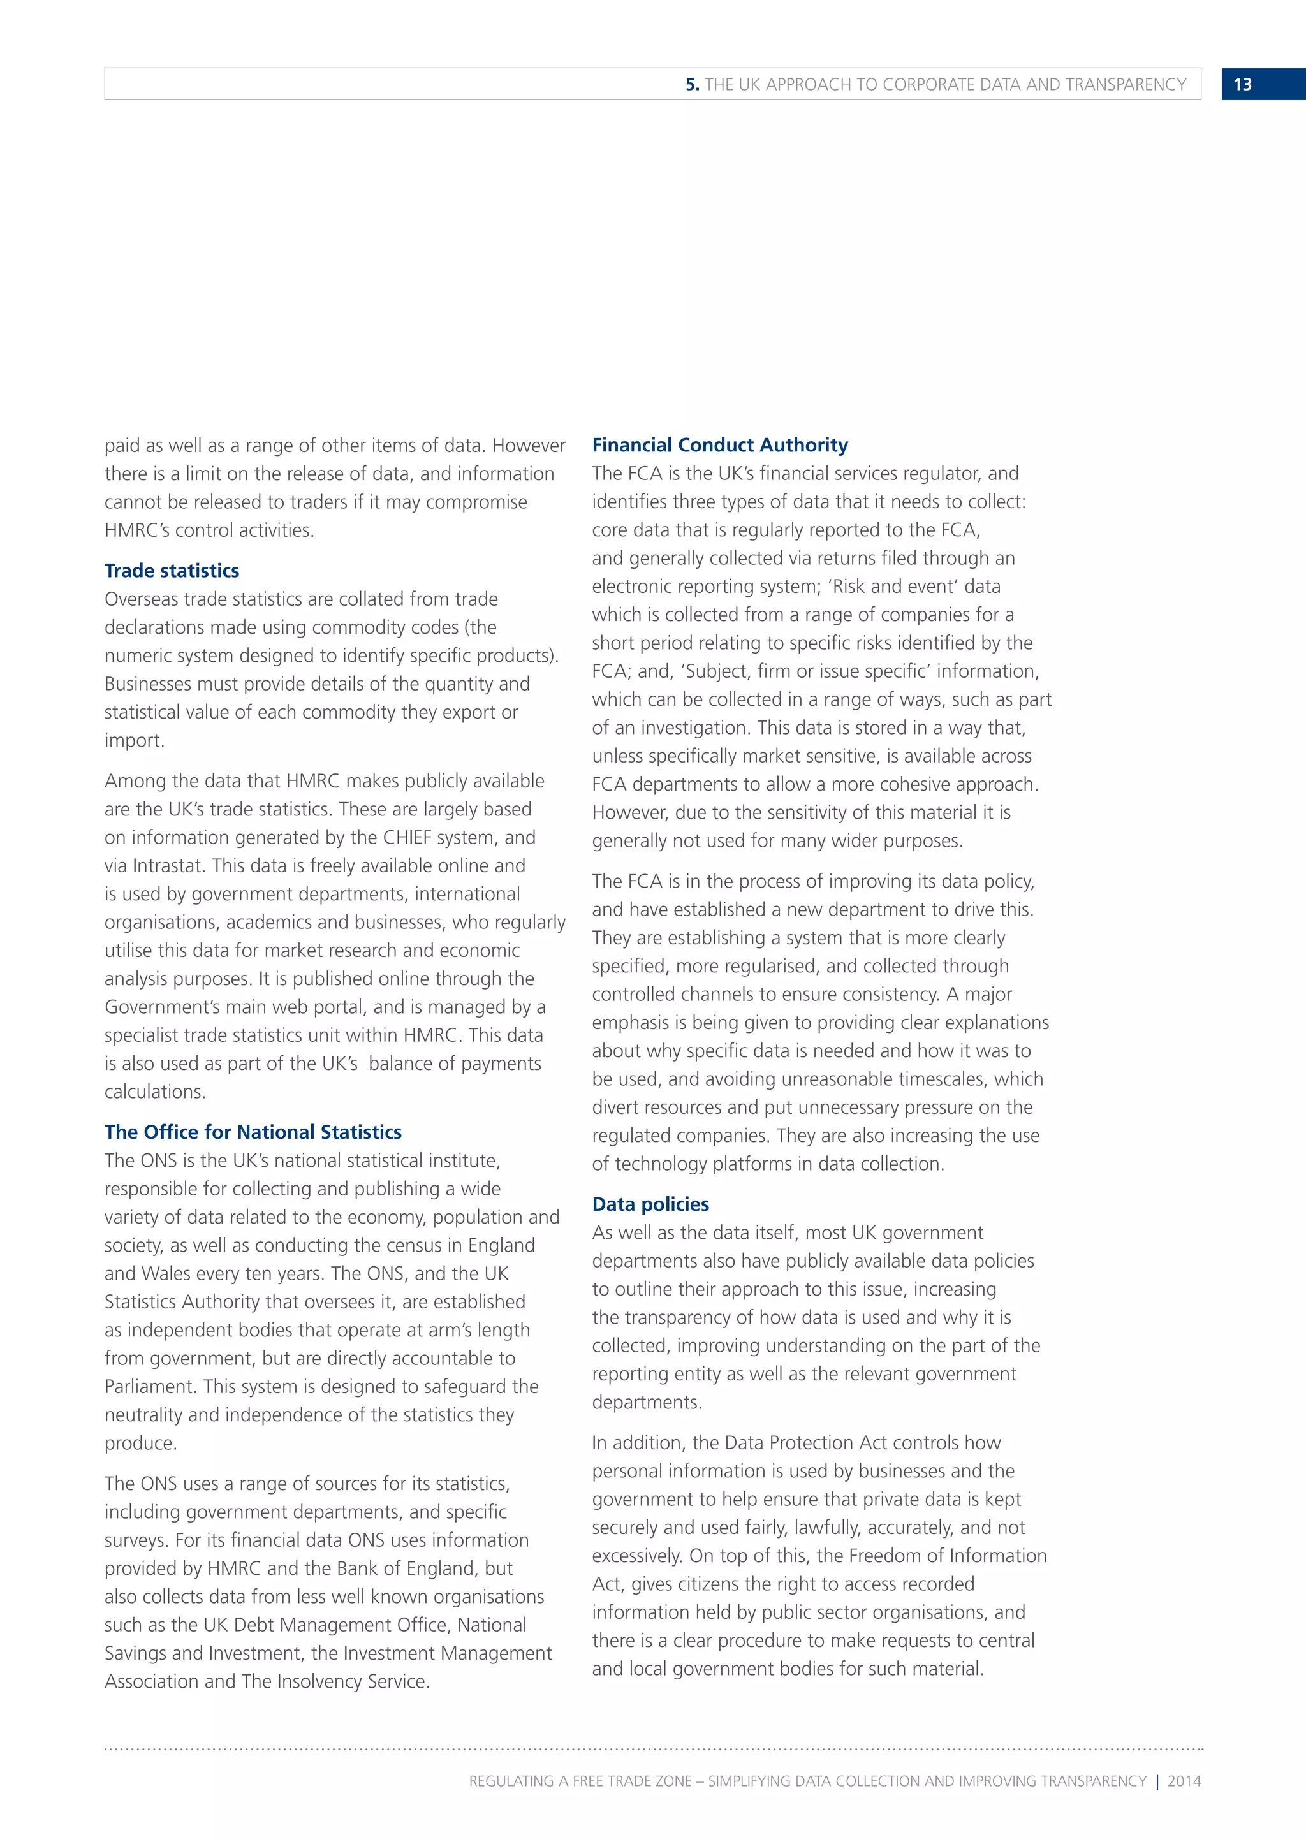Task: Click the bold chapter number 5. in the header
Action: coord(693,84)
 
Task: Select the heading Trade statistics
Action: coord(172,571)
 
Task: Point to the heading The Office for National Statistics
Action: coord(253,1132)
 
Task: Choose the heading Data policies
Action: coord(650,1204)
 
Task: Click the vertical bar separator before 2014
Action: coord(1157,1781)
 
